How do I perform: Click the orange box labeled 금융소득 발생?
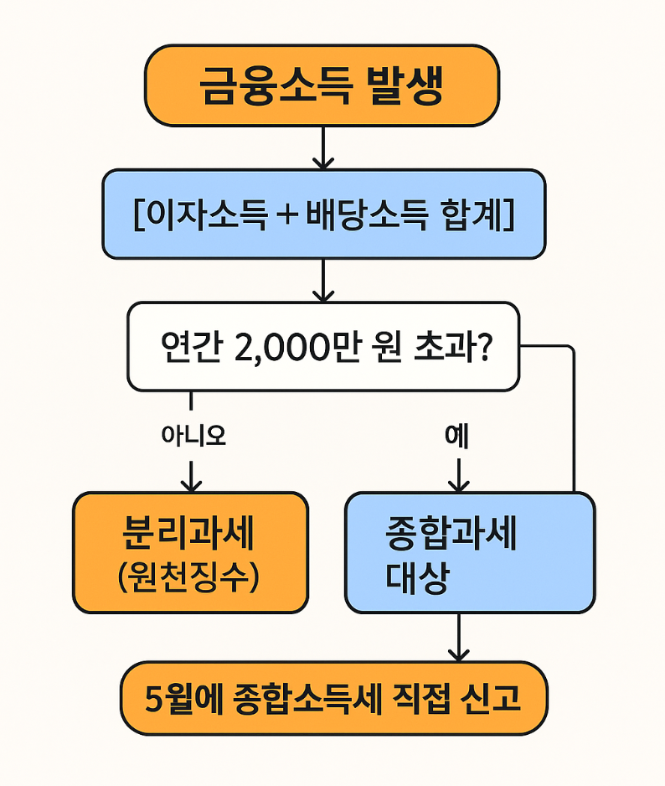tap(322, 85)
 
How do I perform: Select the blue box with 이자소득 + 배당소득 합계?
tap(323, 214)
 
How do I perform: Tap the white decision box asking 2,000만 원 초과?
tap(323, 346)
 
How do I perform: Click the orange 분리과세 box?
tap(190, 552)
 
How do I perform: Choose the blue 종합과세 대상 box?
tap(469, 552)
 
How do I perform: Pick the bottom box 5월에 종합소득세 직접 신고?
tap(333, 698)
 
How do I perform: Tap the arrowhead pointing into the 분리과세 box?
tap(193, 483)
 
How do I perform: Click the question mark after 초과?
tap(482, 347)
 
